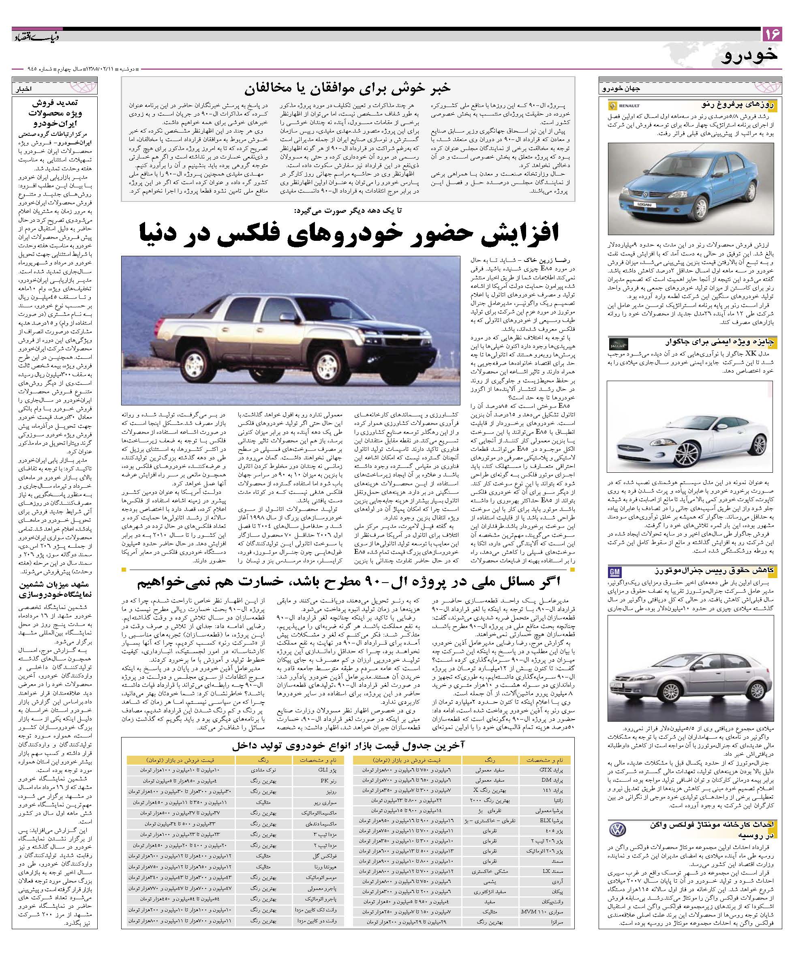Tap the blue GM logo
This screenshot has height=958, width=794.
(x=615, y=571)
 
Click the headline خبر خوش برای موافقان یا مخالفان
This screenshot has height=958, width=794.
(x=347, y=88)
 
